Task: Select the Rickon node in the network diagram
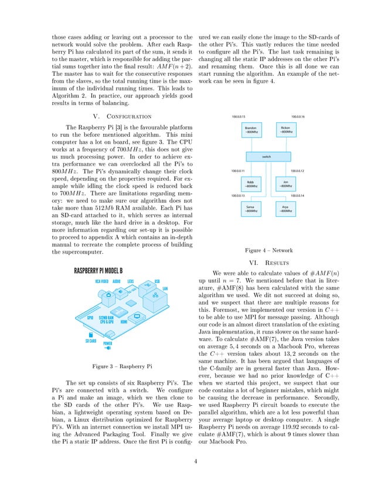(285, 130)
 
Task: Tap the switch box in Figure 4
(268, 157)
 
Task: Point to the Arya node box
(285, 208)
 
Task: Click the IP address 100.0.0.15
(239, 117)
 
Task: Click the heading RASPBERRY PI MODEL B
(98, 271)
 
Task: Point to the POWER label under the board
(107, 343)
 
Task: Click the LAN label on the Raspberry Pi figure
(165, 288)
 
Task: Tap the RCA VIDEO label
(104, 281)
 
